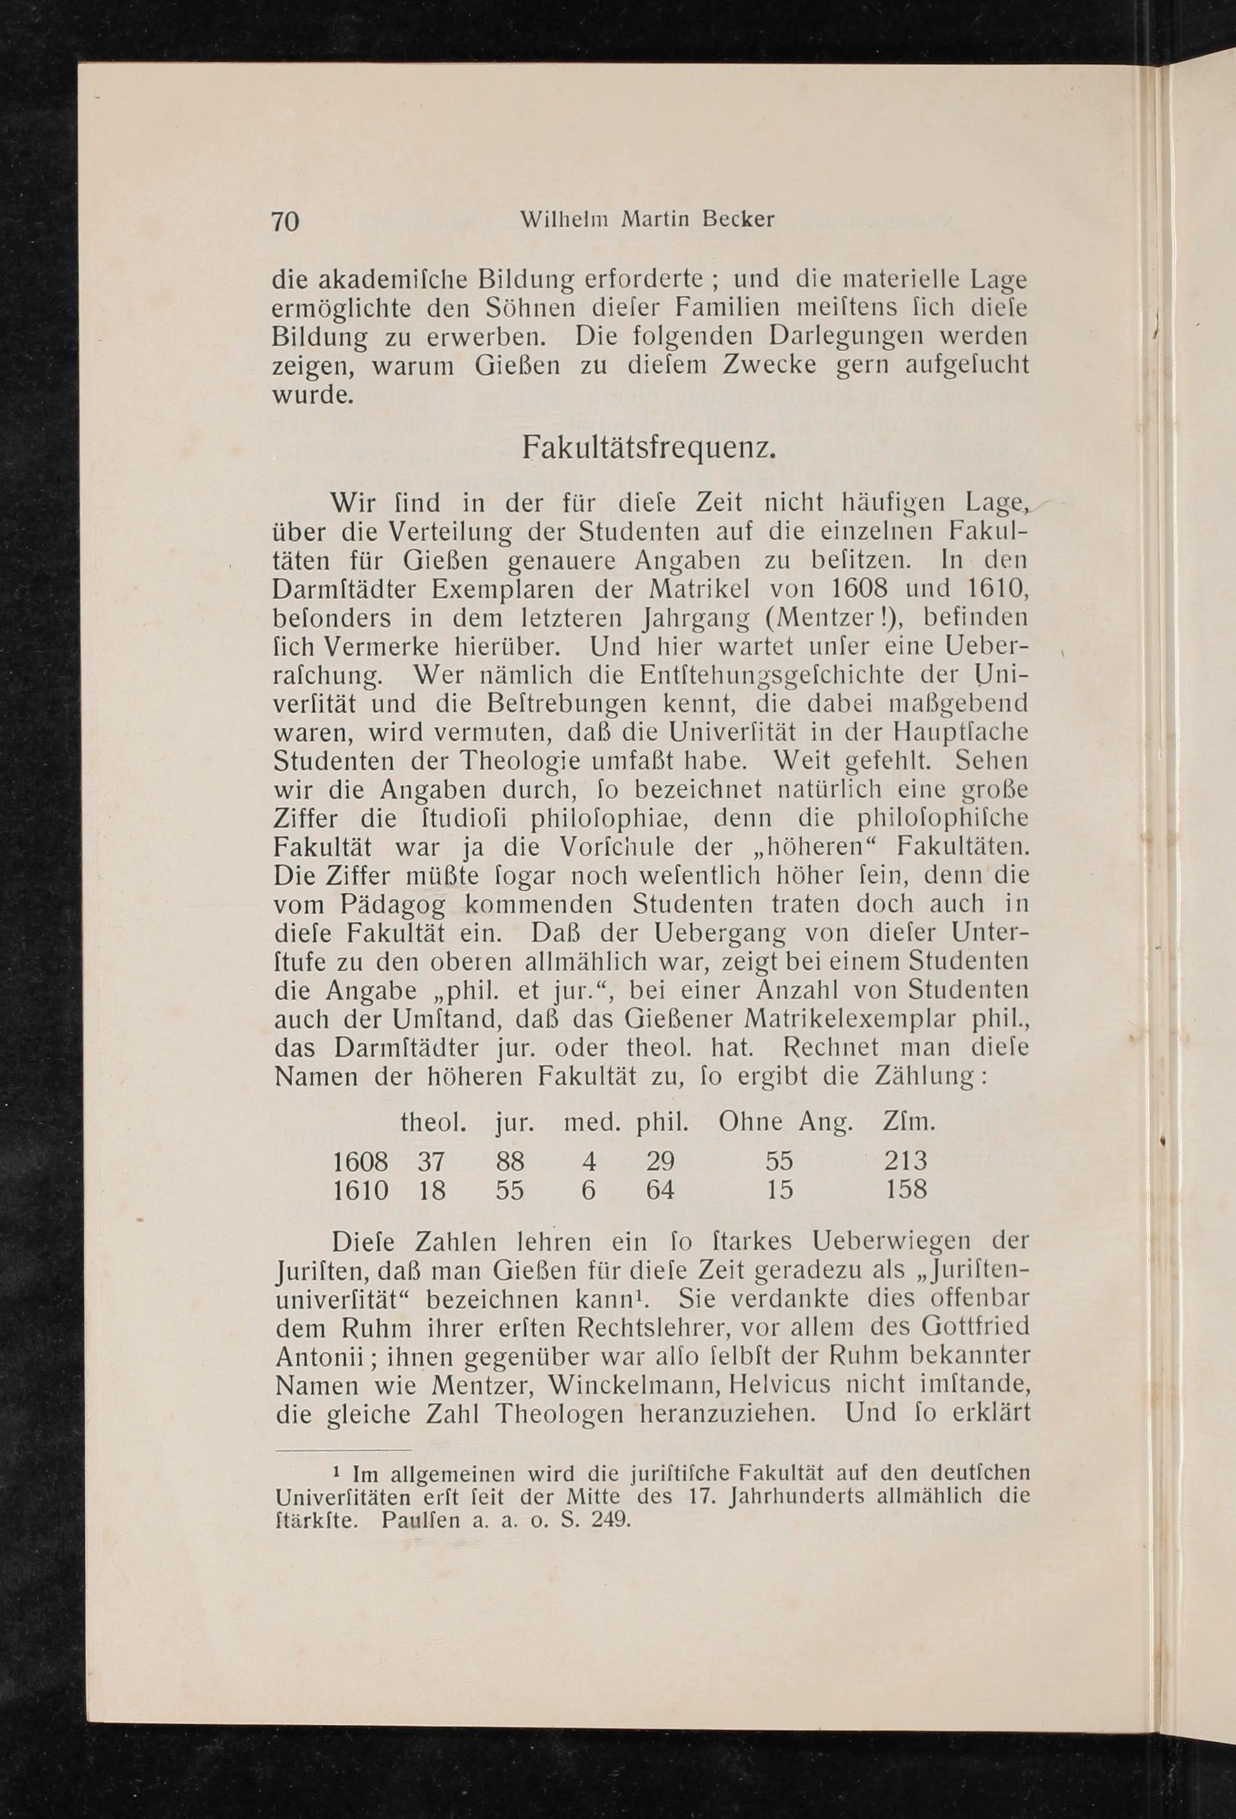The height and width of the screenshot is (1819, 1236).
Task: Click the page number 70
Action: click(x=285, y=221)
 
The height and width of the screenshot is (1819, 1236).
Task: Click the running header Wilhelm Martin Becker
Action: click(x=647, y=220)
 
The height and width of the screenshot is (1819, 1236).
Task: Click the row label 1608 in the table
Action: click(x=361, y=1160)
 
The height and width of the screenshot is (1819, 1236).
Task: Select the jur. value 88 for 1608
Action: click(x=510, y=1160)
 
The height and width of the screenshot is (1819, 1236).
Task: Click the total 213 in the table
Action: click(x=905, y=1160)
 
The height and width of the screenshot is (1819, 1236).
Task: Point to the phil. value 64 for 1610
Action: click(x=659, y=1190)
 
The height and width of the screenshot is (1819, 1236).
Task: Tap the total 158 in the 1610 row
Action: click(x=905, y=1190)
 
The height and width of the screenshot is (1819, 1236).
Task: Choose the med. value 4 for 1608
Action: click(x=588, y=1160)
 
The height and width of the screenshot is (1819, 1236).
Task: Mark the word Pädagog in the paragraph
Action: click(x=394, y=905)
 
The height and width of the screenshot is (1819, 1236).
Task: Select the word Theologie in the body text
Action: click(x=520, y=761)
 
